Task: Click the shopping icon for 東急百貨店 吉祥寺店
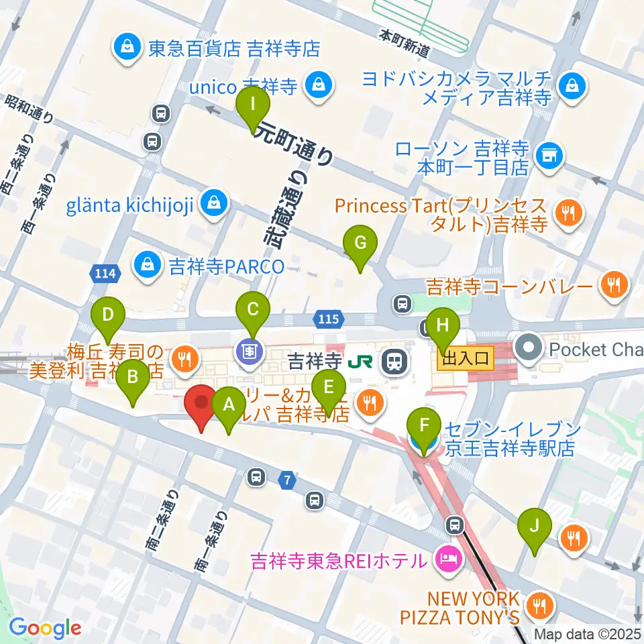[125, 48]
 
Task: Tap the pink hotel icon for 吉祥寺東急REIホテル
[446, 559]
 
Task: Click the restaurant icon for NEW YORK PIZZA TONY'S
[537, 607]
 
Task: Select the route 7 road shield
[288, 480]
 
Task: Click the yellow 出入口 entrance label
[466, 360]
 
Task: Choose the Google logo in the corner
[44, 628]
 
